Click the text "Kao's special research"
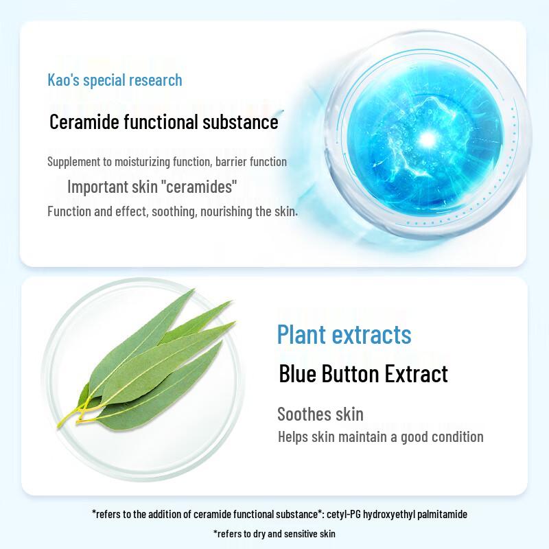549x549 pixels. tap(115, 80)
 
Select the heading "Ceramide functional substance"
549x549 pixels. tap(164, 122)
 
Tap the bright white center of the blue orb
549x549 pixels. tap(428, 140)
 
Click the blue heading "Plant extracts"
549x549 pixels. tap(344, 334)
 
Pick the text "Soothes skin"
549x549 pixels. tap(320, 414)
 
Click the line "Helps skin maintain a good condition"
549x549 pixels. tap(380, 436)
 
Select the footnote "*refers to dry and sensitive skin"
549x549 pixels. tap(274, 533)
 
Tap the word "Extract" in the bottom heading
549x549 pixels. tap(417, 373)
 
